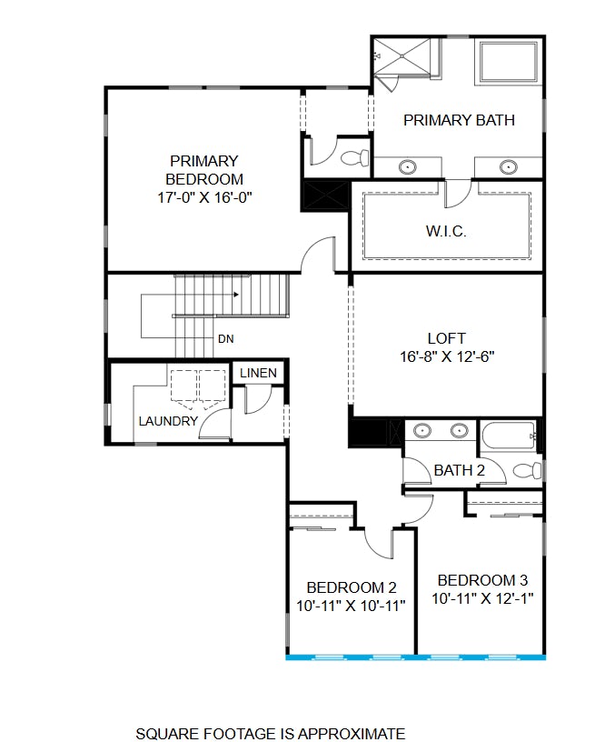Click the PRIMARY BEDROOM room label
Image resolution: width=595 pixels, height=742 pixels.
[203, 170]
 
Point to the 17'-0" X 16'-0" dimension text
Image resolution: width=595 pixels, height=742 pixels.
[203, 196]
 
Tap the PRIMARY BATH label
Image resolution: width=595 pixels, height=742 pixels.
[459, 120]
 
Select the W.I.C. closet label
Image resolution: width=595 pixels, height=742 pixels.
[446, 232]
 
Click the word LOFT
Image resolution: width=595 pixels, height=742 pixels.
[446, 338]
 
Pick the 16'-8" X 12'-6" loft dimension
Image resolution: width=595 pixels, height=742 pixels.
[446, 356]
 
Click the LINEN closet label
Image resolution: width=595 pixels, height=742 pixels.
[258, 374]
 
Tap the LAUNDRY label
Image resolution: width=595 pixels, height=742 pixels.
[168, 421]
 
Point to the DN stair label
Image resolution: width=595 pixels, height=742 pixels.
[226, 339]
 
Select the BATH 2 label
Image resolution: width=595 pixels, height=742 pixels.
[459, 470]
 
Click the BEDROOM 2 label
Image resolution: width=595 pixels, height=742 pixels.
[351, 587]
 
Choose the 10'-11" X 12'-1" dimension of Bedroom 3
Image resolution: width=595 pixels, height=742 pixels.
[482, 598]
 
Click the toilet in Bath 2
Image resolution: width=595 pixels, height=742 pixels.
[526, 470]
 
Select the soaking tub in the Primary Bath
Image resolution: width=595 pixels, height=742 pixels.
[509, 61]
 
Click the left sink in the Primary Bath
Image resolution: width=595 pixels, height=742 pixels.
[409, 167]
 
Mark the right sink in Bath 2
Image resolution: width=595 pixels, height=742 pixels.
[459, 430]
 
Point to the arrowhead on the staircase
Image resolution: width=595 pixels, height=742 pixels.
[236, 295]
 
